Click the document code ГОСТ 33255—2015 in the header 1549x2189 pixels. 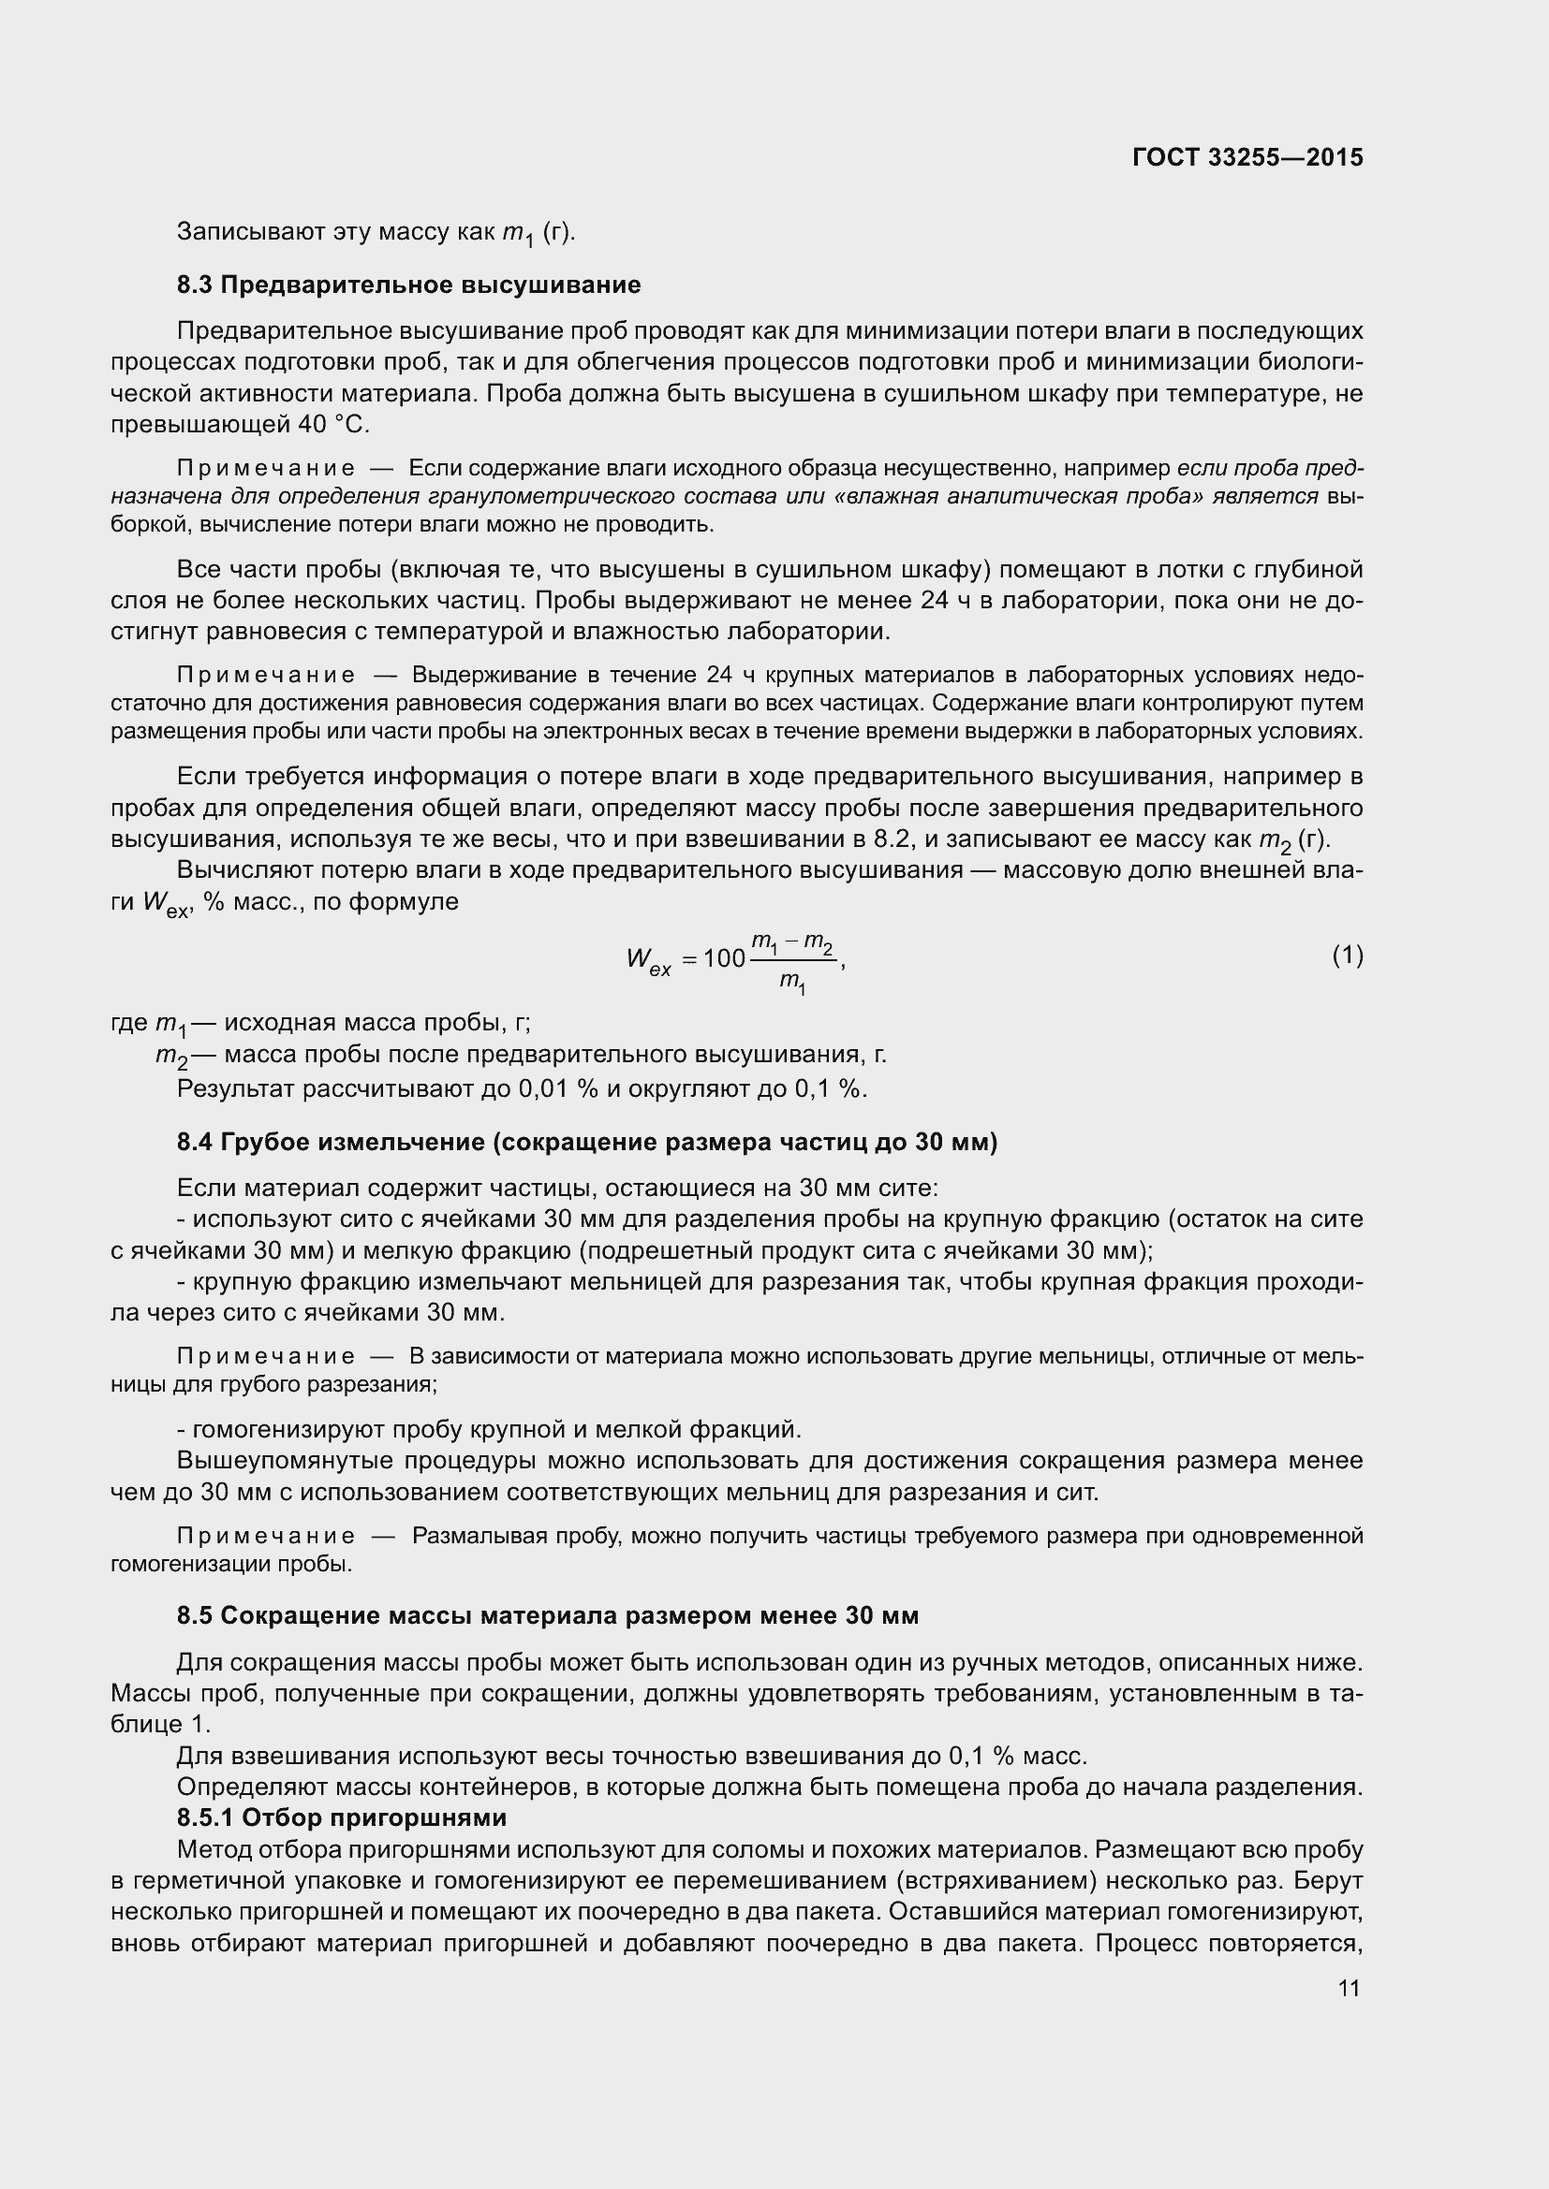point(1247,157)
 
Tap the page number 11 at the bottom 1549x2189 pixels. point(1349,1989)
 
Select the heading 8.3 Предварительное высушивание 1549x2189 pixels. point(408,285)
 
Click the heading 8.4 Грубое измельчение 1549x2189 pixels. point(586,1142)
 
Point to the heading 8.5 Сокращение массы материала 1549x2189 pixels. point(548,1616)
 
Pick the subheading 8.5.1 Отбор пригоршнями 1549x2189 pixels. point(342,1818)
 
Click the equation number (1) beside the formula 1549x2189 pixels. point(1347,956)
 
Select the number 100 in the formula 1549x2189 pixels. point(724,958)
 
